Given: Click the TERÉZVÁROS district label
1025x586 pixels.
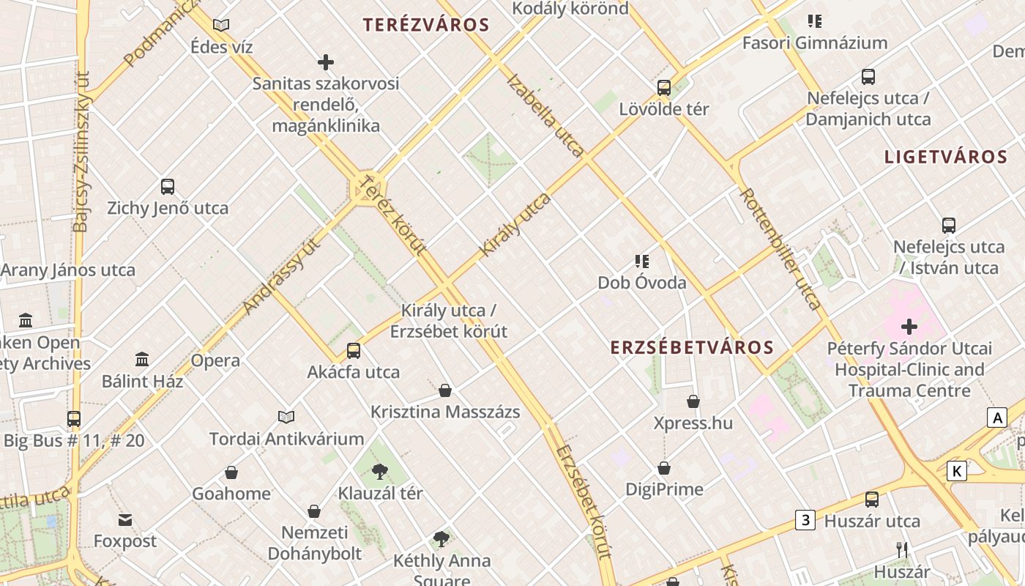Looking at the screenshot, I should point(426,25).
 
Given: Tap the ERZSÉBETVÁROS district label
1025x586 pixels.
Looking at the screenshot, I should point(692,347).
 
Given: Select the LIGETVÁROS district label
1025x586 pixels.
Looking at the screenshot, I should point(946,157).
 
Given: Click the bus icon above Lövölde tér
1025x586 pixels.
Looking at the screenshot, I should point(664,88).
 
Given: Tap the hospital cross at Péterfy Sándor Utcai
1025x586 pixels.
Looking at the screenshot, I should point(909,327).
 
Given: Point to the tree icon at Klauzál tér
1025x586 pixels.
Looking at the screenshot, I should point(379,471).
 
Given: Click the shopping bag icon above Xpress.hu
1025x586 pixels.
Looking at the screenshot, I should point(693,401).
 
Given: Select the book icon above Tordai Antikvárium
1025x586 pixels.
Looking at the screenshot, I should point(286,418).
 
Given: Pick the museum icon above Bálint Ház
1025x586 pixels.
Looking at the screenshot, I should point(142,360).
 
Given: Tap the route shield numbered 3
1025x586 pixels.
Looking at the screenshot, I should point(805,521).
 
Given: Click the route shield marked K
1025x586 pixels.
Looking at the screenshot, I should point(956,471).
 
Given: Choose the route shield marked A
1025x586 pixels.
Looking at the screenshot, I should point(996,418).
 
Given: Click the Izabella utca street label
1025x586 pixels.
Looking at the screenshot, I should point(545,116).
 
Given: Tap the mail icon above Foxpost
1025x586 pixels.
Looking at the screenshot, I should point(125,520).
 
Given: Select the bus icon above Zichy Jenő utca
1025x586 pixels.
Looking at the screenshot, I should point(168,187).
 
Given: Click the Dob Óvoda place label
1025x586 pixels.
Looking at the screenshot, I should point(642,283).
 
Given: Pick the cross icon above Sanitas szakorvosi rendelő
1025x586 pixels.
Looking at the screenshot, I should point(326,63).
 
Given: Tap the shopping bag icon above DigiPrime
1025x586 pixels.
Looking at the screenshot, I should point(664,468).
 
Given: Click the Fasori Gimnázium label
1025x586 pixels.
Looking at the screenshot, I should point(815,43).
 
